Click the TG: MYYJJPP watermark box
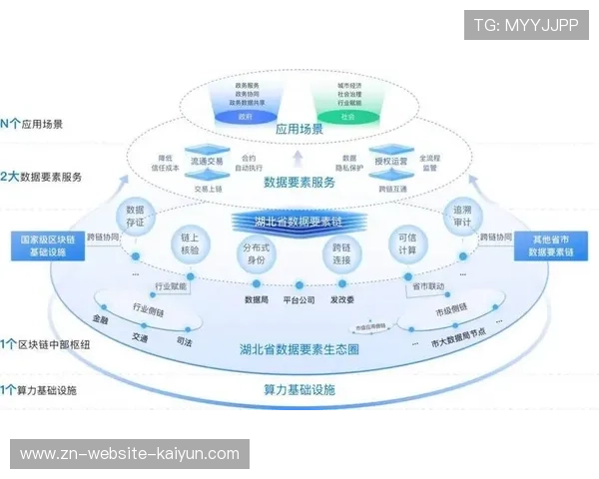(x=526, y=25)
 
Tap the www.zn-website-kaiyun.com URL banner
(x=131, y=454)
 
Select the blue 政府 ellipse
(x=246, y=117)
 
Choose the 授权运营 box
(x=390, y=161)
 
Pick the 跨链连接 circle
(x=341, y=253)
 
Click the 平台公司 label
(x=299, y=298)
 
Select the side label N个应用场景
(x=33, y=124)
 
